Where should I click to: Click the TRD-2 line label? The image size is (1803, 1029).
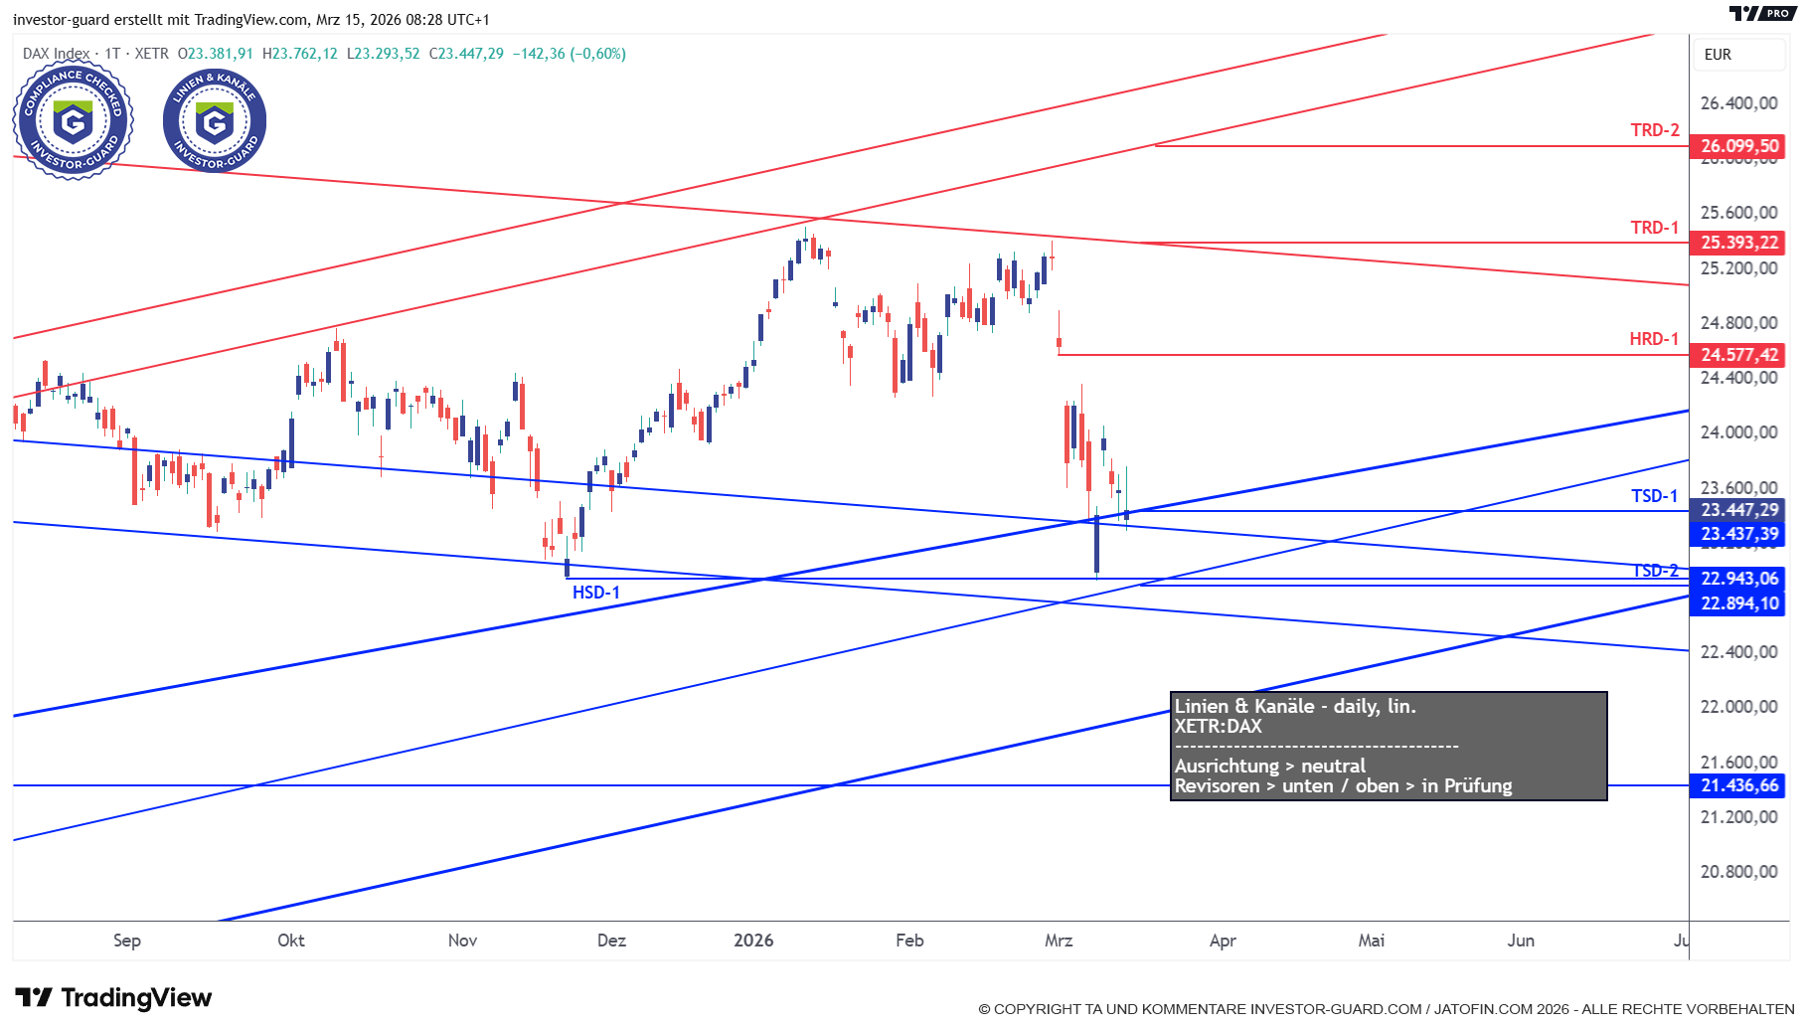pos(1654,130)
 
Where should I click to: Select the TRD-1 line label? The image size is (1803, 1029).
pos(1654,228)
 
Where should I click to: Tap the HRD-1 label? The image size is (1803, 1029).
pos(1653,339)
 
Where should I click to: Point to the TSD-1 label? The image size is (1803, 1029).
pos(1654,496)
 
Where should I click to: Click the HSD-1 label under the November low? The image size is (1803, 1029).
pos(595,593)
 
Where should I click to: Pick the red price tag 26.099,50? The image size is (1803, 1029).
pos(1738,146)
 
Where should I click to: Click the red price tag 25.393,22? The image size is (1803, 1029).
pos(1738,243)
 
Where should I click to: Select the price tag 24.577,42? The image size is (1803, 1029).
pos(1738,355)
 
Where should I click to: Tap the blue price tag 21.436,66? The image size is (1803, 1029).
pos(1738,785)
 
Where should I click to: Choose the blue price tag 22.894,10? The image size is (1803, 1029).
pos(1738,603)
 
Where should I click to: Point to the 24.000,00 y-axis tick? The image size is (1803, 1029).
pos(1738,432)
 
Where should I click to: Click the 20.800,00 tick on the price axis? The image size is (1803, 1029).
pos(1738,872)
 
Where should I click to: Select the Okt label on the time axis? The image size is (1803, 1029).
pos(291,941)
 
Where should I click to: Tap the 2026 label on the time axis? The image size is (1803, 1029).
pos(753,941)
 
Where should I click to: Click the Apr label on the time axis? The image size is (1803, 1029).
pos(1223,941)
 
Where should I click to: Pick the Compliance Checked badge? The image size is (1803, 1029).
pos(73,121)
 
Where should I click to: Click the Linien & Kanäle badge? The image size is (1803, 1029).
pos(215,121)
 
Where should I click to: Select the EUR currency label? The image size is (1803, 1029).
pos(1718,55)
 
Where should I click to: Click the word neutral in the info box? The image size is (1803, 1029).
pos(1333,767)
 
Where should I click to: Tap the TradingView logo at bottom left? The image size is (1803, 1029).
pos(113,998)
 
